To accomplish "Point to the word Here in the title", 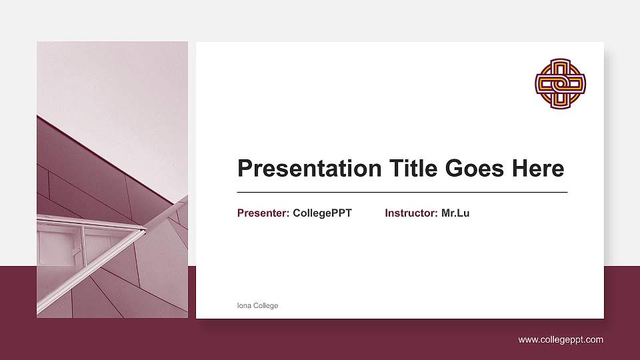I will pyautogui.click(x=537, y=168).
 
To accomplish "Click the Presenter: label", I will pyautogui.click(x=263, y=213).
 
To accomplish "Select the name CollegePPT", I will pyautogui.click(x=322, y=213).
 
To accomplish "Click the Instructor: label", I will pyautogui.click(x=411, y=213).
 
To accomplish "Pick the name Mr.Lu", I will pyautogui.click(x=455, y=213).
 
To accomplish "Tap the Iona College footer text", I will pyautogui.click(x=257, y=306).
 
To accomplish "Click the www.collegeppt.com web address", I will pyautogui.click(x=561, y=340).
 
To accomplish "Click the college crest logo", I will pyautogui.click(x=560, y=83).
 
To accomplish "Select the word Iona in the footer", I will pyautogui.click(x=243, y=306).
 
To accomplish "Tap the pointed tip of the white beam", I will pyautogui.click(x=144, y=230).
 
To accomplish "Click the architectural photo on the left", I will pyautogui.click(x=112, y=180).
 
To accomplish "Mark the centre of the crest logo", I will pyautogui.click(x=560, y=83).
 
